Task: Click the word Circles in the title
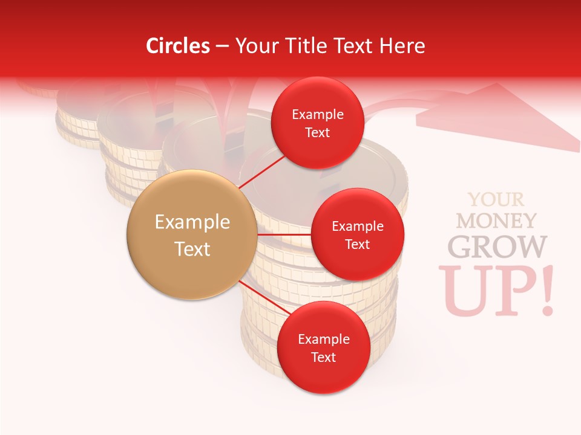click(178, 46)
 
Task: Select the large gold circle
click(192, 235)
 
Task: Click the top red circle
click(317, 123)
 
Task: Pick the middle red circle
click(357, 234)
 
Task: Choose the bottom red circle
click(323, 347)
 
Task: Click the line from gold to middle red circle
click(284, 234)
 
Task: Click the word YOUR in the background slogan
click(496, 199)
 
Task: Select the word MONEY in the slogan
click(496, 221)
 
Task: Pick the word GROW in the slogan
click(496, 246)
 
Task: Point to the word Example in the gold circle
click(192, 222)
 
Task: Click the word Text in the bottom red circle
click(323, 357)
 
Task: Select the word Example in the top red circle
click(317, 114)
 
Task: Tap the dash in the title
click(222, 47)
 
